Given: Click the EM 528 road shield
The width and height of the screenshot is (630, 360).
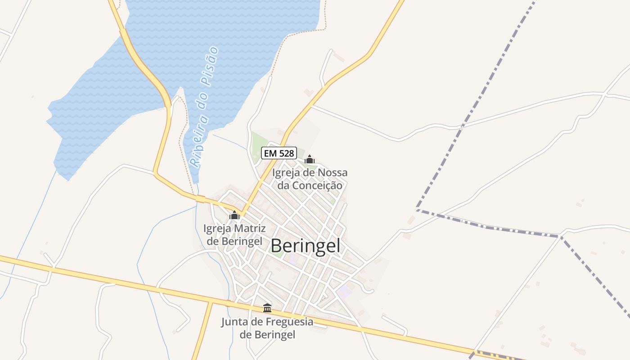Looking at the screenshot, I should pos(279,153).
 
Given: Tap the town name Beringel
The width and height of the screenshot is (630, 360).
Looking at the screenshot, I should pos(306,246).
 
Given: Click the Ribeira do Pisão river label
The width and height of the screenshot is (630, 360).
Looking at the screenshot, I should pos(204,107).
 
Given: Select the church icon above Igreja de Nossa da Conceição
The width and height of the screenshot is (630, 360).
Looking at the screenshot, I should pos(310,159).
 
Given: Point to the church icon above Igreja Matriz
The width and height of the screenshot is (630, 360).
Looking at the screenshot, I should pos(234,215).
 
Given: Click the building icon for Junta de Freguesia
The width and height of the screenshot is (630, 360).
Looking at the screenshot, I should pos(267,308).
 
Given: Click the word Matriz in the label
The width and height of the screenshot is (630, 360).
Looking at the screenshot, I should pos(249,229).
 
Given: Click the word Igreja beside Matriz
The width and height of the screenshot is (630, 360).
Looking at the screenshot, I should pos(218,229).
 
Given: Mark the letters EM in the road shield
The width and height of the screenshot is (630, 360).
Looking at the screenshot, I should pos(270,153).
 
